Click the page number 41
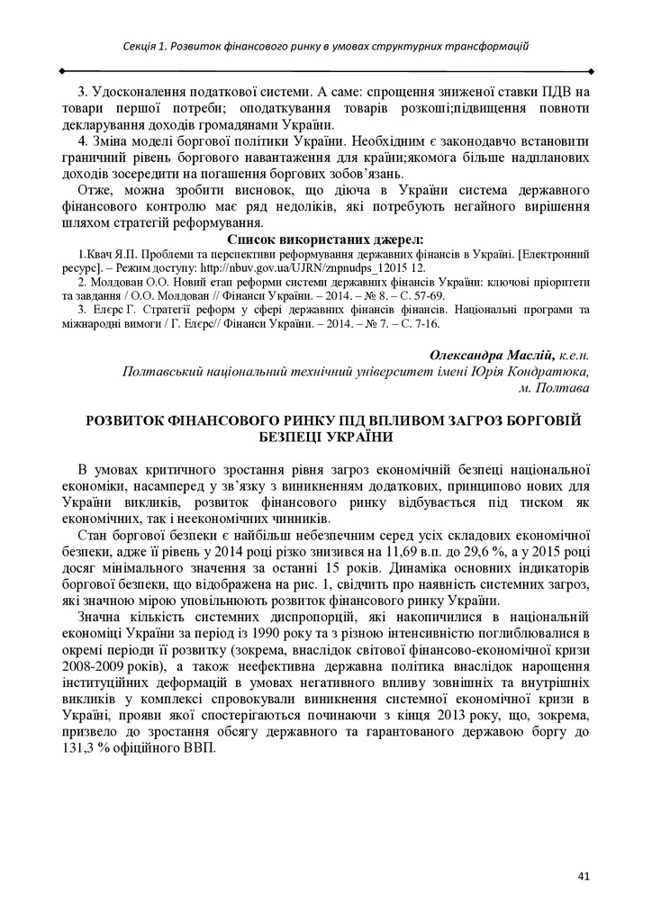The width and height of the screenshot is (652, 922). [x=584, y=873]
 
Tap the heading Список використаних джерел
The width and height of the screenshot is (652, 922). [x=325, y=239]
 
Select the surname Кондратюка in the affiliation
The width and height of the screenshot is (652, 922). [x=546, y=371]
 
